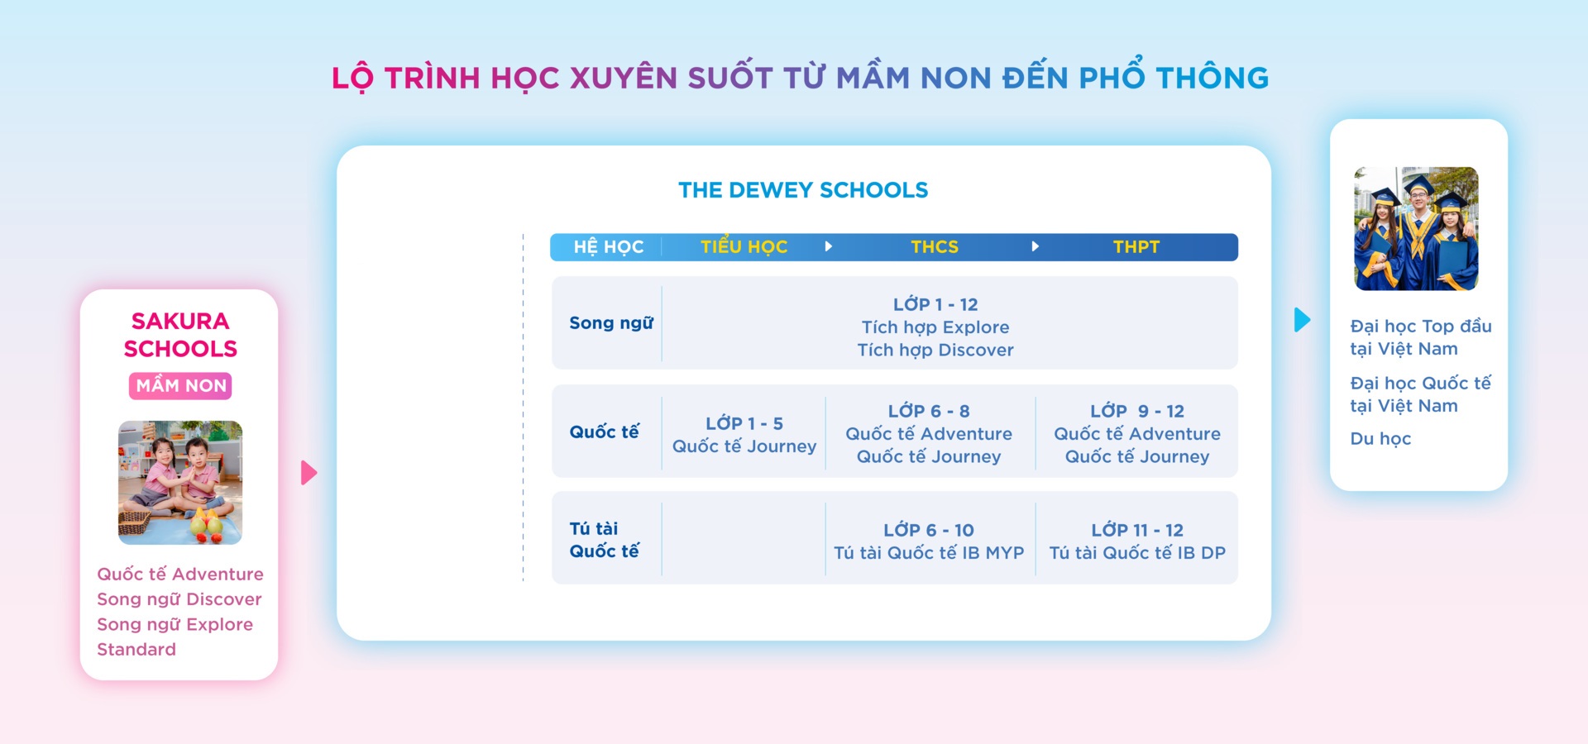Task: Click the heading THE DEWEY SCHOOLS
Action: point(803,190)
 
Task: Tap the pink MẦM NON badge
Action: point(180,386)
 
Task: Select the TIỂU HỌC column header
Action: point(744,246)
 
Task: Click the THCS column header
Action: point(935,247)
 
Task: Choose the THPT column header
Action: point(1136,247)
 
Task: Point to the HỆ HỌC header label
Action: point(609,246)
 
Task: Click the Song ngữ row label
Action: point(611,323)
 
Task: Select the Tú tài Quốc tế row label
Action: point(605,540)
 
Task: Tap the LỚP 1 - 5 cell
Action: point(744,435)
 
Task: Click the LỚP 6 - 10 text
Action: point(929,530)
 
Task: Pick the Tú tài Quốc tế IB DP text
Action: point(1137,553)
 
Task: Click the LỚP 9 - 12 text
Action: point(1137,411)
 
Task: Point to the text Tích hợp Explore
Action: point(935,327)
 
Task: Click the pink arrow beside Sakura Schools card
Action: point(309,473)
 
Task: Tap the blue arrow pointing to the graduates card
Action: point(1302,320)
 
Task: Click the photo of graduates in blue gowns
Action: point(1416,229)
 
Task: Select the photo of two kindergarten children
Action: point(180,483)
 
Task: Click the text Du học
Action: point(1380,439)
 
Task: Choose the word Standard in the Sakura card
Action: point(136,650)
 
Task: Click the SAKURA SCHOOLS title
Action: point(180,335)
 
